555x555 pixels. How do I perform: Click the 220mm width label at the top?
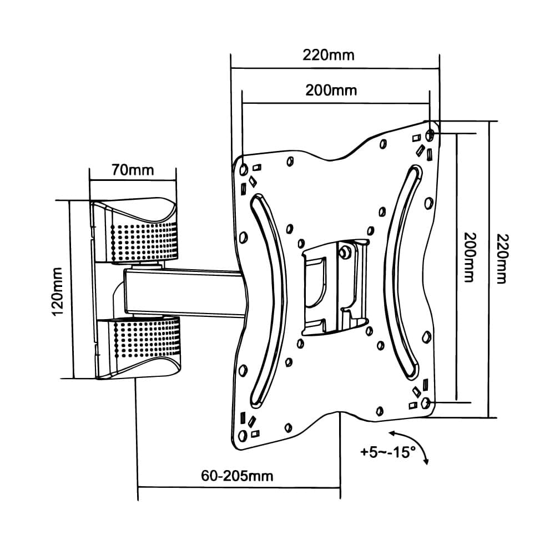click(328, 55)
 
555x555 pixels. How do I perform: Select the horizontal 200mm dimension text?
click(331, 90)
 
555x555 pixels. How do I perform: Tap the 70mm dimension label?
click(133, 169)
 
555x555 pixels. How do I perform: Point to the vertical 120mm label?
click(58, 290)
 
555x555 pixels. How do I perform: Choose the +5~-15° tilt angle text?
click(388, 452)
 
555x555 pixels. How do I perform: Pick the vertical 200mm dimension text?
click(469, 265)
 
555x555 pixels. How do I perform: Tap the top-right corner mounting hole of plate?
click(430, 135)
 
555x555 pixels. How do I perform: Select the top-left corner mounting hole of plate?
click(244, 168)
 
